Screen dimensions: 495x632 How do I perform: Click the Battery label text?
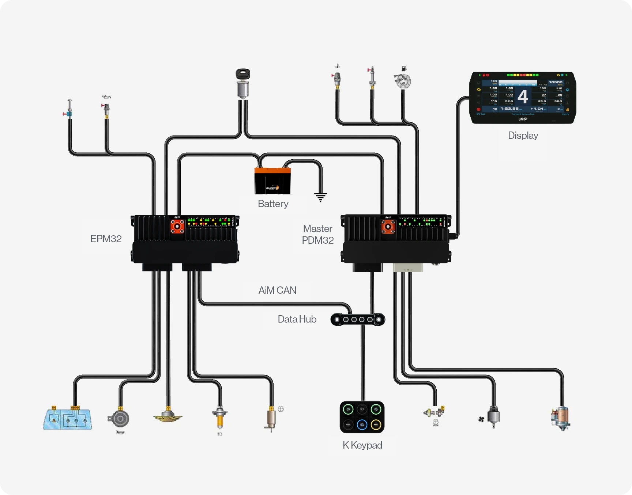tap(273, 204)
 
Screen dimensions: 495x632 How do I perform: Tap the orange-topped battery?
tap(272, 180)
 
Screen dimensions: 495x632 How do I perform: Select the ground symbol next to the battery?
tap(320, 197)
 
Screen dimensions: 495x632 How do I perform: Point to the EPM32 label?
tap(106, 239)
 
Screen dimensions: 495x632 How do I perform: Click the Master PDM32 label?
tap(317, 235)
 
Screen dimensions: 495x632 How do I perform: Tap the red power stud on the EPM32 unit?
tap(177, 226)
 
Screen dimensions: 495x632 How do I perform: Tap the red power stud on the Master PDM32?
tap(388, 226)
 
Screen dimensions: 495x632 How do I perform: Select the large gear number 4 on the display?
tap(523, 97)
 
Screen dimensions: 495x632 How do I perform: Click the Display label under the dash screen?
tap(523, 136)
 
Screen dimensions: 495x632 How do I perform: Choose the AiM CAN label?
tap(277, 290)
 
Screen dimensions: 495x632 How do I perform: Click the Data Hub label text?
tap(297, 319)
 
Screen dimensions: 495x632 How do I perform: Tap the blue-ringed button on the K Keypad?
tap(362, 425)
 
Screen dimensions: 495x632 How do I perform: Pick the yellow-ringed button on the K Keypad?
tap(376, 425)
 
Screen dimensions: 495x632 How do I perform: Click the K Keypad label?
tap(362, 445)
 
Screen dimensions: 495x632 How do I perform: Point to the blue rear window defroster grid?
tap(68, 419)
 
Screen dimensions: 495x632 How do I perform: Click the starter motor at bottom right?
tap(561, 418)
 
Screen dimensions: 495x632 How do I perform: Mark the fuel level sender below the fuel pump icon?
tap(402, 81)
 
